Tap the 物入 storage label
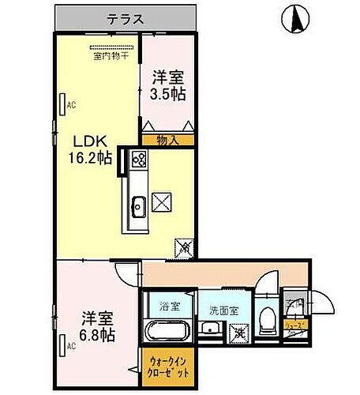click(x=167, y=141)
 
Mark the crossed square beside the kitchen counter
click(x=162, y=203)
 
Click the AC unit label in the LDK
click(x=69, y=104)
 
